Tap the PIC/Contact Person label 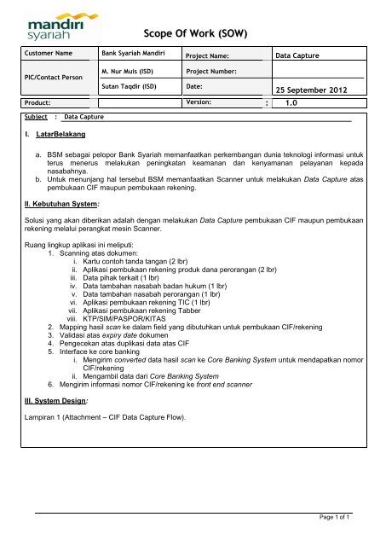tap(48, 78)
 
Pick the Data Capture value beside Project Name tap(299, 55)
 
